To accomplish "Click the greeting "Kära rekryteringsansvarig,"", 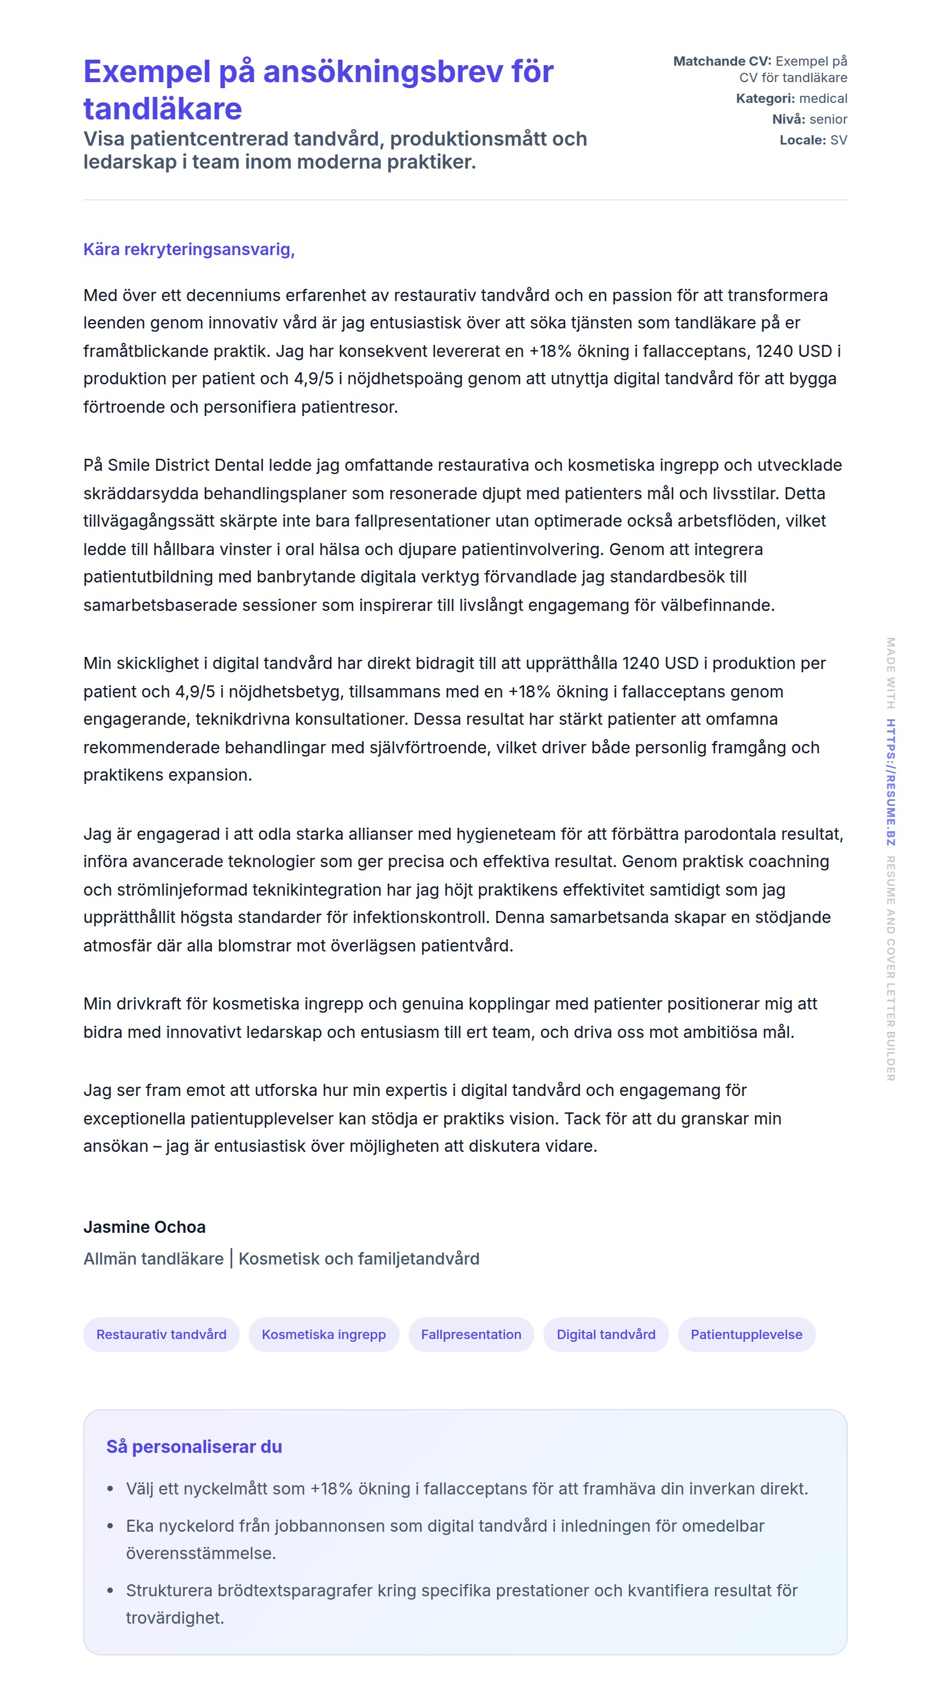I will pos(189,249).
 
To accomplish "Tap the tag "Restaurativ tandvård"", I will pos(161,1334).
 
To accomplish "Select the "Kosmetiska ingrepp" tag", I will pos(324,1334).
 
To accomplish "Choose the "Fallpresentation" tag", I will pos(471,1334).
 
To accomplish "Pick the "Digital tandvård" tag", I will pos(605,1334).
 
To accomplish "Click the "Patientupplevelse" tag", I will pos(746,1334).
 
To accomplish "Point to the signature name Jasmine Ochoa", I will pos(145,1227).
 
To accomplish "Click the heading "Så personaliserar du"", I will pos(194,1446).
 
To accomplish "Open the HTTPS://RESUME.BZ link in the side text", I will pos(890,782).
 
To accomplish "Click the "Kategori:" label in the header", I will pos(765,98).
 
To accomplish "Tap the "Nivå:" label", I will pos(788,119).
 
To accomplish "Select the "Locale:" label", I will pos(802,140).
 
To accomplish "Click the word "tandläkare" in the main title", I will pos(163,109).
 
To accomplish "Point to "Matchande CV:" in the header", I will pos(721,61).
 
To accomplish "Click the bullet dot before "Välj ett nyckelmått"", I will pos(110,1488).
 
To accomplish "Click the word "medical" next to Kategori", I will pos(823,98).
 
